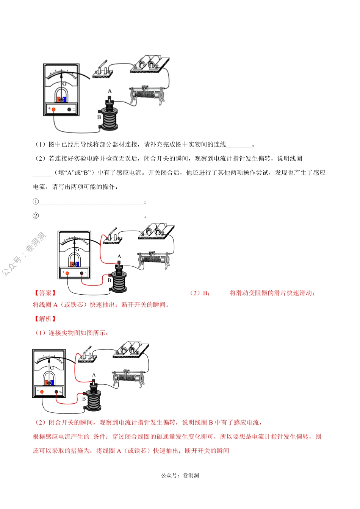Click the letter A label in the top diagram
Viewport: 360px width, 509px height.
[110, 91]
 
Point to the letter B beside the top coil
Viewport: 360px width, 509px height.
[99, 117]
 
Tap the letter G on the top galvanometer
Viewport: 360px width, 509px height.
[64, 84]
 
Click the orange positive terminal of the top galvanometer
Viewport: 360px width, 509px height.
[53, 109]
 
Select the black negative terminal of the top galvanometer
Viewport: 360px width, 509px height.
[69, 109]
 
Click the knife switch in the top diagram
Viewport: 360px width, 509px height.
[102, 70]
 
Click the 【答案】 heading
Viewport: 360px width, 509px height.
[45, 293]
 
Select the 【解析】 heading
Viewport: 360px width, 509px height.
[45, 319]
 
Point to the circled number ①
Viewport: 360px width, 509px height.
[36, 202]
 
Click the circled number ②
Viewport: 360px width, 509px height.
[36, 216]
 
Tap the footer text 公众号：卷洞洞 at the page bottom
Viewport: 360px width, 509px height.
[180, 475]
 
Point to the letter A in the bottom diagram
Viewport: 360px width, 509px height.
[94, 375]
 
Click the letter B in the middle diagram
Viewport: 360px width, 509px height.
[110, 281]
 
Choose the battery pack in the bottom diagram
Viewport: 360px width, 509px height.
[131, 350]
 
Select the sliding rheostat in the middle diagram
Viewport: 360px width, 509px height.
[153, 259]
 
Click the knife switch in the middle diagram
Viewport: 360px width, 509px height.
[113, 237]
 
